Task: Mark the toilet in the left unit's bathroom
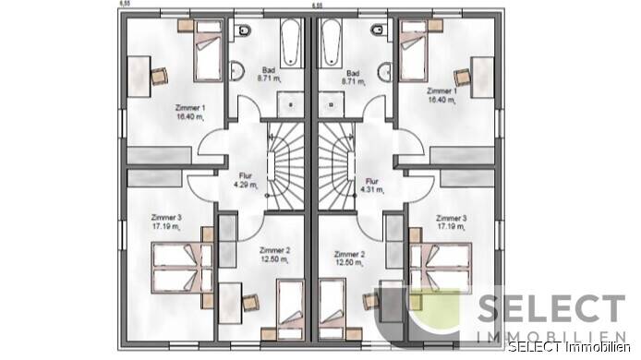coord(242,35)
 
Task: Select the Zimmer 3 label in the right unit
coord(450,222)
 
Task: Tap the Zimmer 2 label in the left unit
coord(249,258)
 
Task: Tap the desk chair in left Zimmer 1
coord(157,74)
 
